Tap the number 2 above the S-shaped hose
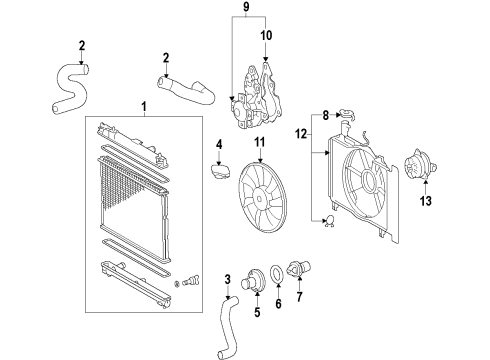(81, 44)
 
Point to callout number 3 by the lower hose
(228, 278)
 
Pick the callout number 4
(218, 146)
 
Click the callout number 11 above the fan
(261, 143)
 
